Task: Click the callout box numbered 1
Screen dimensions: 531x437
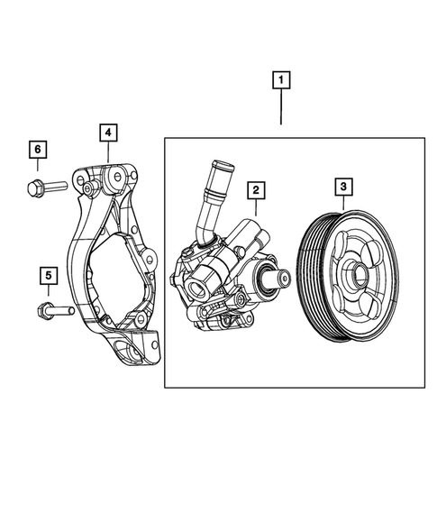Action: pyautogui.click(x=282, y=83)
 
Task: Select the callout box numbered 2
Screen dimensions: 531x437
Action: pyautogui.click(x=256, y=189)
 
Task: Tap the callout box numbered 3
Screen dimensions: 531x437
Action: pyautogui.click(x=343, y=188)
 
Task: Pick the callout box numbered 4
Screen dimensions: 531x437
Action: pyautogui.click(x=107, y=133)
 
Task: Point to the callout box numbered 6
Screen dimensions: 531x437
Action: pyautogui.click(x=37, y=148)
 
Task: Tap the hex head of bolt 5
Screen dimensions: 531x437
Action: pyautogui.click(x=41, y=311)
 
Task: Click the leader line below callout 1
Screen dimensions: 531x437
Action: pyautogui.click(x=282, y=113)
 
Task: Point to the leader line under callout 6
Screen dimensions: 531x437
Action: pyautogui.click(x=37, y=165)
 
